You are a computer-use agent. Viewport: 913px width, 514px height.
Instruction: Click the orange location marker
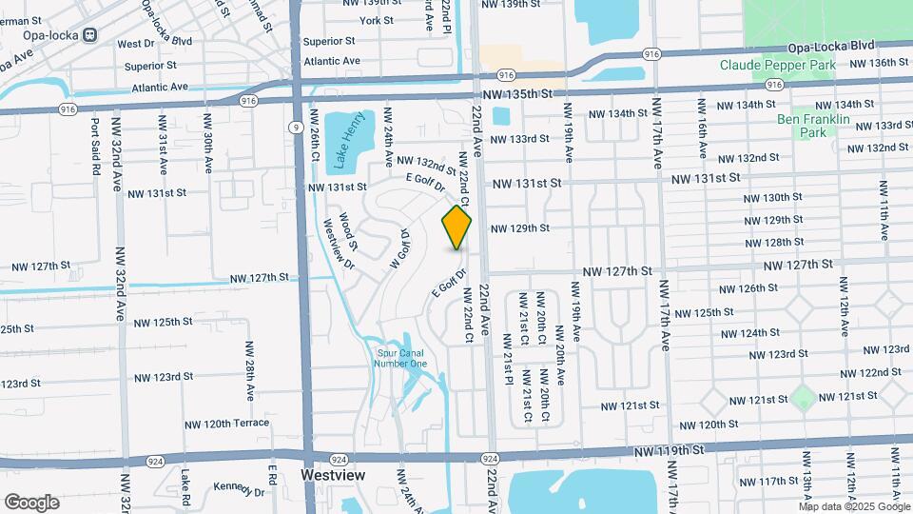point(456,227)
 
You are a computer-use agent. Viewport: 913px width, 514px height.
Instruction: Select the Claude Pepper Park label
point(777,65)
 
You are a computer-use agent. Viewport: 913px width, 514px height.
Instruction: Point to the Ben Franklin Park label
point(813,127)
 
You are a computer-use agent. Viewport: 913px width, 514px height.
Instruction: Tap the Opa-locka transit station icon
point(90,35)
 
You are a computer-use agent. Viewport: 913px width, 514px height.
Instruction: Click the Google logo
point(31,502)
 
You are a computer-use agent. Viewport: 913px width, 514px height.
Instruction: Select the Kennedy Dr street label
point(239,489)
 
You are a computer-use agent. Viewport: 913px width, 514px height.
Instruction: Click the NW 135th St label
point(517,94)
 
